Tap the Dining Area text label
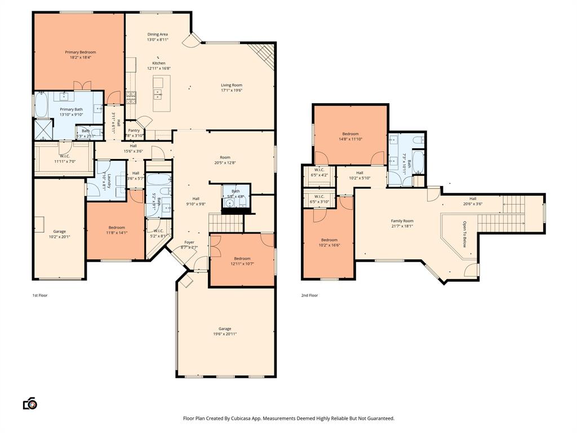pos(157,34)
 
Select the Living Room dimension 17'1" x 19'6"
pos(231,90)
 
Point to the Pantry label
pos(134,130)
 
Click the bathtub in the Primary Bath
pos(41,105)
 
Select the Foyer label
pos(189,242)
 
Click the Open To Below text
pos(464,234)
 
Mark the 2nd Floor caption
pos(309,295)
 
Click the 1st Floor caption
pos(39,295)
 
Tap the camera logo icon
pos(30,404)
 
